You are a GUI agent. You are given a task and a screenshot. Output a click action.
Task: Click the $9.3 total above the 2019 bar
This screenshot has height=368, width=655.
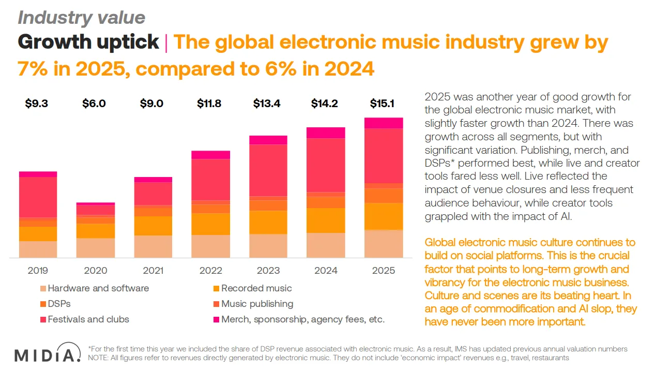click(37, 104)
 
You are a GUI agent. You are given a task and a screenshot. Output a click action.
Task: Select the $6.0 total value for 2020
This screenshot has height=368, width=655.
click(94, 104)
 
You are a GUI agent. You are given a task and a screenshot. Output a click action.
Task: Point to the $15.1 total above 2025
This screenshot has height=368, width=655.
click(383, 104)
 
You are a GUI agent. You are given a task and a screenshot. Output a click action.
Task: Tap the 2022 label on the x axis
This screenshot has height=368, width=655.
click(211, 270)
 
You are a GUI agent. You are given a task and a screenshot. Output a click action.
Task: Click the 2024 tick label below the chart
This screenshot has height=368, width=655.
click(326, 270)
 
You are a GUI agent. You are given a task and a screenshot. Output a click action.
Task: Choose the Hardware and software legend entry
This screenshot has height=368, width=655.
click(98, 288)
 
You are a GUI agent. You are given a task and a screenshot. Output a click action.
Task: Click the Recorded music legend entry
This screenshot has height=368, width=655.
click(256, 288)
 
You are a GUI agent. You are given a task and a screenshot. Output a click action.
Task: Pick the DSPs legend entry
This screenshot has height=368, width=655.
click(59, 304)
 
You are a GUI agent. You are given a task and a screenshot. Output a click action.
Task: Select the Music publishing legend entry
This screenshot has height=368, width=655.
click(257, 304)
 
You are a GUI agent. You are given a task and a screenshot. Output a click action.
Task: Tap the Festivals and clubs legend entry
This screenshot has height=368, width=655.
click(88, 319)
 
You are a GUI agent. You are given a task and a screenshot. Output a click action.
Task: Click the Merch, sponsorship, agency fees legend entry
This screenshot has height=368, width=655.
click(302, 319)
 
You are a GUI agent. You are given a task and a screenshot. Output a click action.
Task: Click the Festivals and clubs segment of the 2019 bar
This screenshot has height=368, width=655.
click(38, 197)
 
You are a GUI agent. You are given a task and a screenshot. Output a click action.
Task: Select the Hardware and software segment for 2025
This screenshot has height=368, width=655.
click(384, 244)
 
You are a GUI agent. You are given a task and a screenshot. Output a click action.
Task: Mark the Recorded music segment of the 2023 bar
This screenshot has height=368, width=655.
click(268, 223)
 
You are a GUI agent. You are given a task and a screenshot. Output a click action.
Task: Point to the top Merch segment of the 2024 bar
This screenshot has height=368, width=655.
click(326, 133)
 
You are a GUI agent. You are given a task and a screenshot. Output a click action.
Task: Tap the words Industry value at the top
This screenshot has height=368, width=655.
click(82, 18)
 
